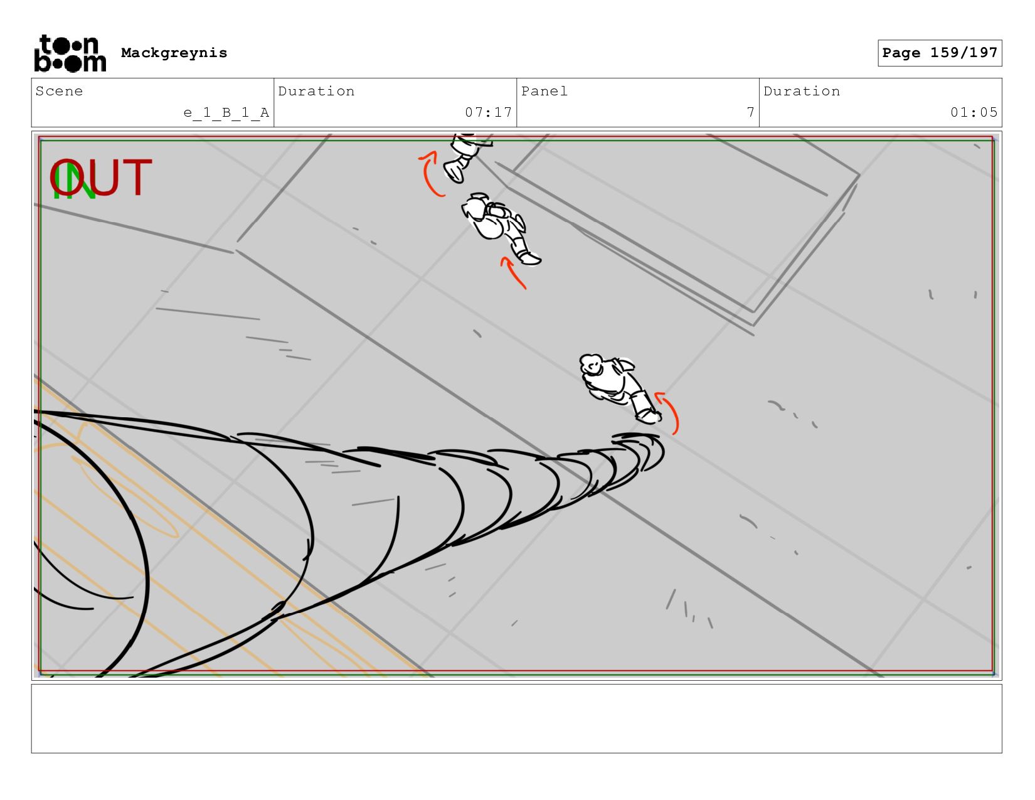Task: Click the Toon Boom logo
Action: click(x=70, y=53)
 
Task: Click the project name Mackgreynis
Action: click(x=174, y=53)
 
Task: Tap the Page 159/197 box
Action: click(x=939, y=53)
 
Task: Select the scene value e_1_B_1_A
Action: click(x=226, y=112)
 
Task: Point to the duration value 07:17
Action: click(x=488, y=112)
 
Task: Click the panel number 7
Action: click(x=750, y=112)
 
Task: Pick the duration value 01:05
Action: click(x=974, y=112)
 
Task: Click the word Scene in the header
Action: click(x=59, y=91)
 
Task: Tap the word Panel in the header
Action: click(x=544, y=91)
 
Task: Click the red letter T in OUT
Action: click(x=137, y=177)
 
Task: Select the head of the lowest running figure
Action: click(x=591, y=365)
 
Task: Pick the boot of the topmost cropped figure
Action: click(x=455, y=171)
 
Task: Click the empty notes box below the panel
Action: click(x=517, y=718)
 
